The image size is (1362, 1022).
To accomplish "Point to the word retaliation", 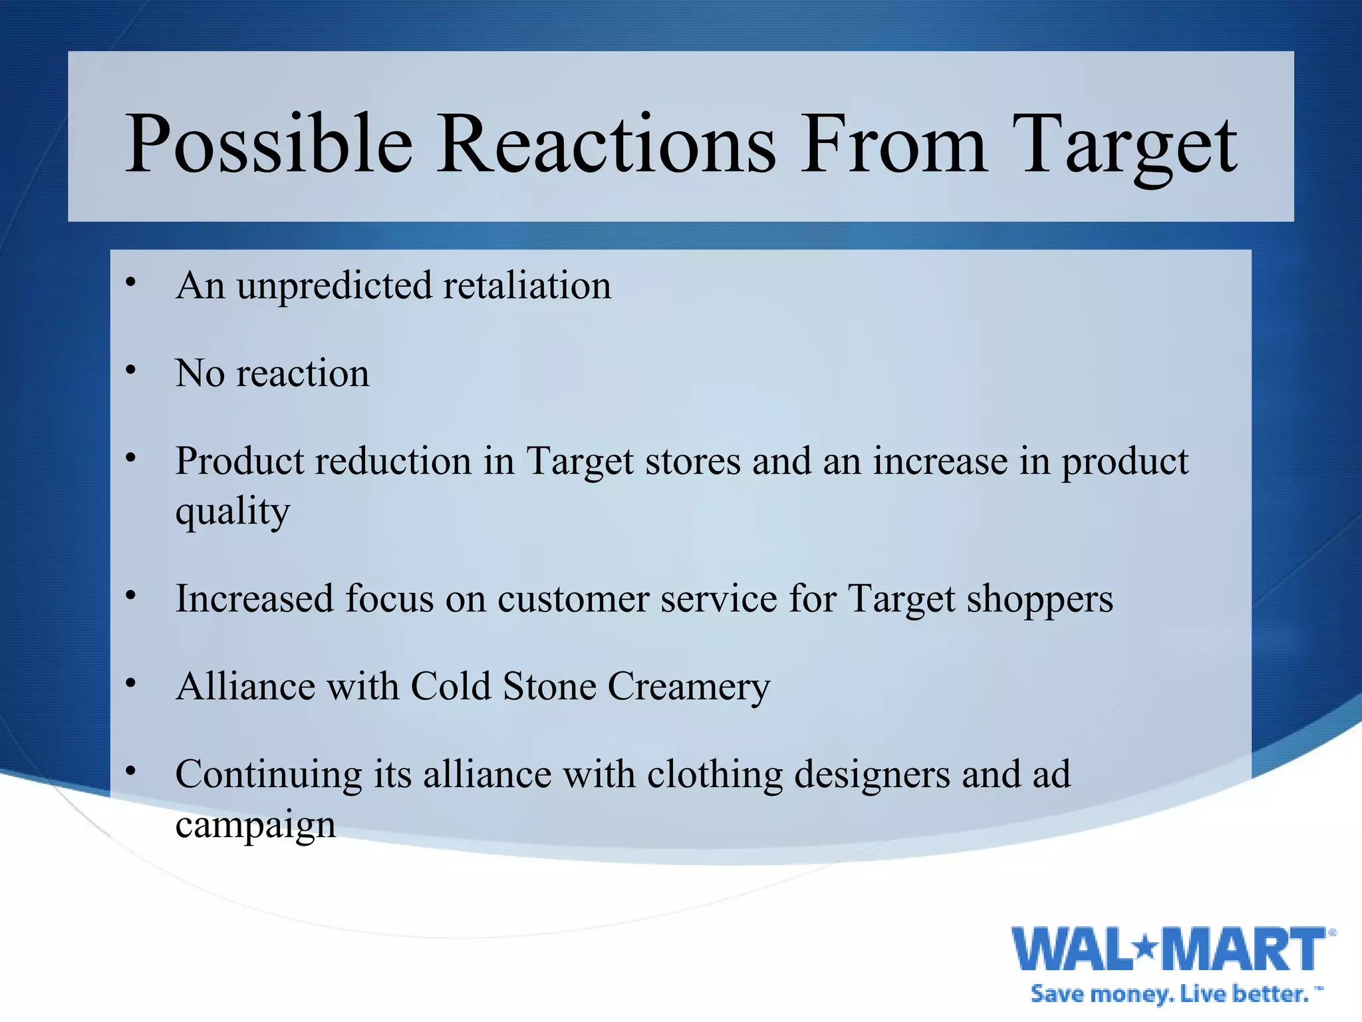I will coord(527,286).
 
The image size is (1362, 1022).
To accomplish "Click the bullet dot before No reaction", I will coord(131,370).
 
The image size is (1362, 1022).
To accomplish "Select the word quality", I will coord(233,512).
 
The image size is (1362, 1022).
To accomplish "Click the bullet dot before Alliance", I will coord(131,683).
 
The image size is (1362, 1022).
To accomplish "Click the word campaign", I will coord(255,826).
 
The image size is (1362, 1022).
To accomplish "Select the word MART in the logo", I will coord(1246,949).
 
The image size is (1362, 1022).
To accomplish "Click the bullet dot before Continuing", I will coord(131,771).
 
